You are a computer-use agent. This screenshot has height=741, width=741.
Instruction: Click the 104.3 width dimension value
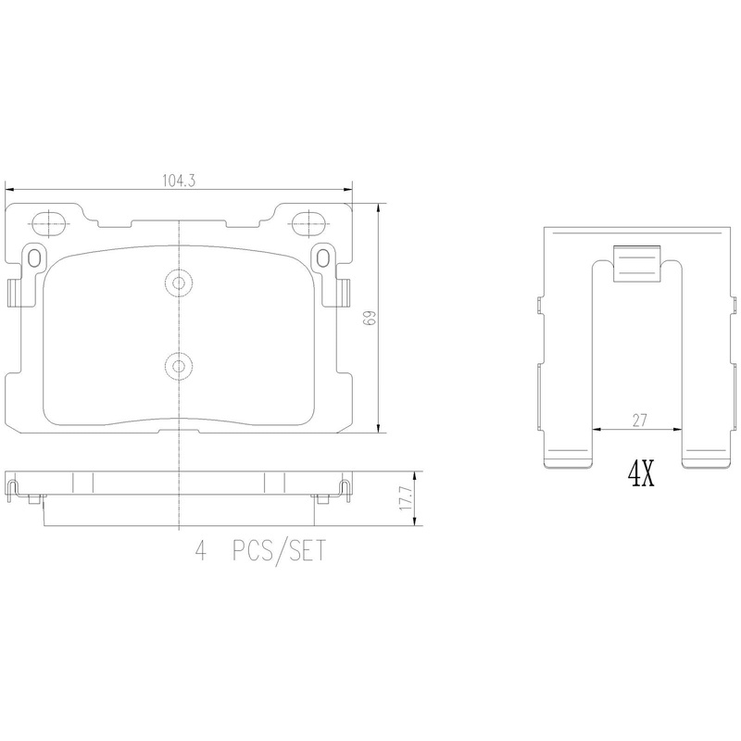[x=180, y=182]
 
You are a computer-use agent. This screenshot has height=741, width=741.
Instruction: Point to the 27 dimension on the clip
[x=638, y=420]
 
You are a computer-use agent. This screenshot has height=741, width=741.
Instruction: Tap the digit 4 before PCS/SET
[x=199, y=553]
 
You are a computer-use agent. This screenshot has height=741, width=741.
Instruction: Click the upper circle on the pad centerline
[x=178, y=283]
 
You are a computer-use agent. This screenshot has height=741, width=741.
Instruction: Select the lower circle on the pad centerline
[x=178, y=364]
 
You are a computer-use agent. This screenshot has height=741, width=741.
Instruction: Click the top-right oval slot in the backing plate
[x=306, y=222]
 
